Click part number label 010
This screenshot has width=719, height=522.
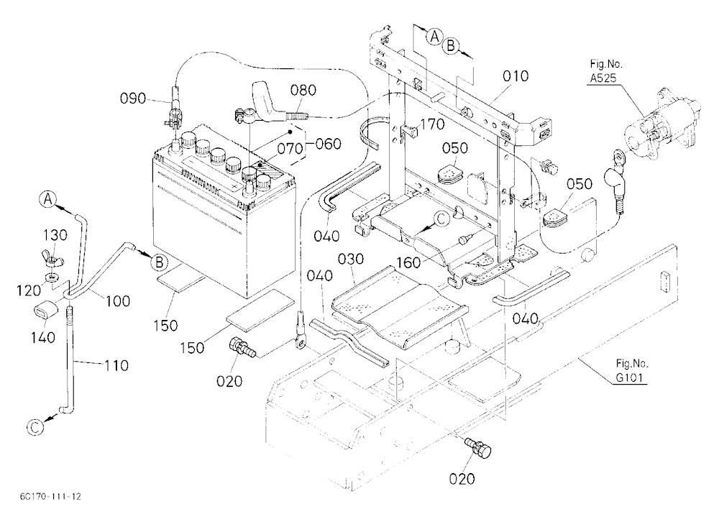click(x=516, y=76)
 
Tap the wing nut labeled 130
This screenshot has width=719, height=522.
click(x=54, y=260)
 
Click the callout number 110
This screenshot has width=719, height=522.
click(x=116, y=365)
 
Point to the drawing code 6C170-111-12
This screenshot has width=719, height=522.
click(x=50, y=496)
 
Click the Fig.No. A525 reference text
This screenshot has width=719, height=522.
click(x=605, y=70)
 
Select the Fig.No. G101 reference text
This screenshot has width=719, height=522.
click(x=632, y=370)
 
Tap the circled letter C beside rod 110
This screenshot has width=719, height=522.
click(x=35, y=427)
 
